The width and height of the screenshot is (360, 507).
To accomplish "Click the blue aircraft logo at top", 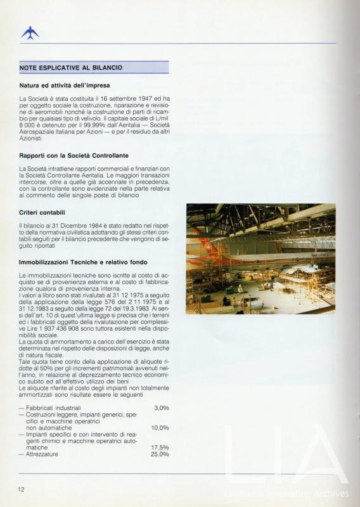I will click(x=29, y=33).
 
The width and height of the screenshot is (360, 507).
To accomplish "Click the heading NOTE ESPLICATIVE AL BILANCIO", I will click(x=71, y=67).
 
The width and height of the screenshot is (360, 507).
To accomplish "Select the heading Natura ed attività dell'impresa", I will click(x=64, y=85).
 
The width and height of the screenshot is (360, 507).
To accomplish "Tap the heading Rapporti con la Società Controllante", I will click(x=74, y=155).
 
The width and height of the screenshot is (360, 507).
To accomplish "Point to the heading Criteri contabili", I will click(x=43, y=212).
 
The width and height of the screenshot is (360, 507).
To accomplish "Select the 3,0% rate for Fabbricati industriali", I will click(x=161, y=408).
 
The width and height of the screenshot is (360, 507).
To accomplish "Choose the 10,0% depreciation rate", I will click(x=160, y=428).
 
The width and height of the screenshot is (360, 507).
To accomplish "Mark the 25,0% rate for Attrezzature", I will click(x=160, y=454).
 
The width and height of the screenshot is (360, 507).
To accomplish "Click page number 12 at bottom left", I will click(x=21, y=489).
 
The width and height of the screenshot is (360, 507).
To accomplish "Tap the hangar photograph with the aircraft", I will click(x=260, y=259).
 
